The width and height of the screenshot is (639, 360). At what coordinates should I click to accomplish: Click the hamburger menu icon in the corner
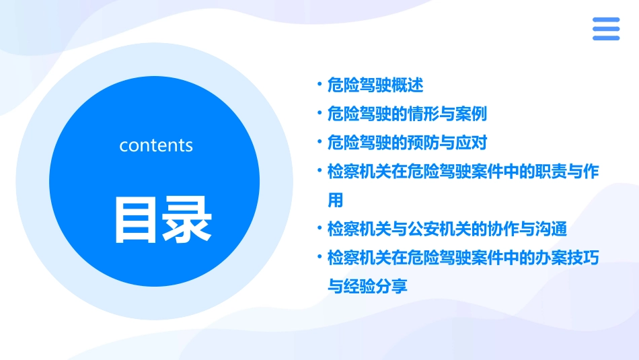click(606, 29)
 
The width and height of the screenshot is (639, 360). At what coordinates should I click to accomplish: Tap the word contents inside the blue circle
click(156, 145)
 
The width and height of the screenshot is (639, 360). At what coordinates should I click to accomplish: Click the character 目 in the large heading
click(137, 219)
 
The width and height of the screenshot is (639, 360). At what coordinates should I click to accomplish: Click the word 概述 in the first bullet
click(408, 85)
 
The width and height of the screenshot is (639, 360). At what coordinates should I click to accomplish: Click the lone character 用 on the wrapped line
click(335, 201)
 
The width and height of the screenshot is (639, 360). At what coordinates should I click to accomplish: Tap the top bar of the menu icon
click(606, 20)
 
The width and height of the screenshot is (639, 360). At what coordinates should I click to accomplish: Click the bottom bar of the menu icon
click(606, 38)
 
